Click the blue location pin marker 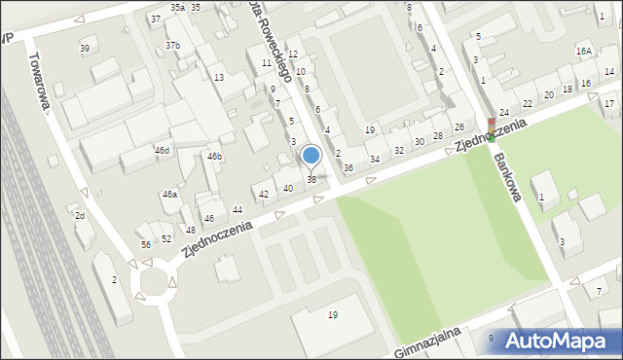311,156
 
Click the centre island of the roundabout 153,283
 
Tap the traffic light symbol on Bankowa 492,130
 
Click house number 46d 163,151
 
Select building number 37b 172,46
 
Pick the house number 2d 81,215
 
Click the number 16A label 584,51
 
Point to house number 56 146,244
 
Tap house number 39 85,49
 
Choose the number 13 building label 219,77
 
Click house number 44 238,210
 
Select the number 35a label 176,7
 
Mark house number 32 399,151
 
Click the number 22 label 528,103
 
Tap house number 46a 169,195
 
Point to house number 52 166,238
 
